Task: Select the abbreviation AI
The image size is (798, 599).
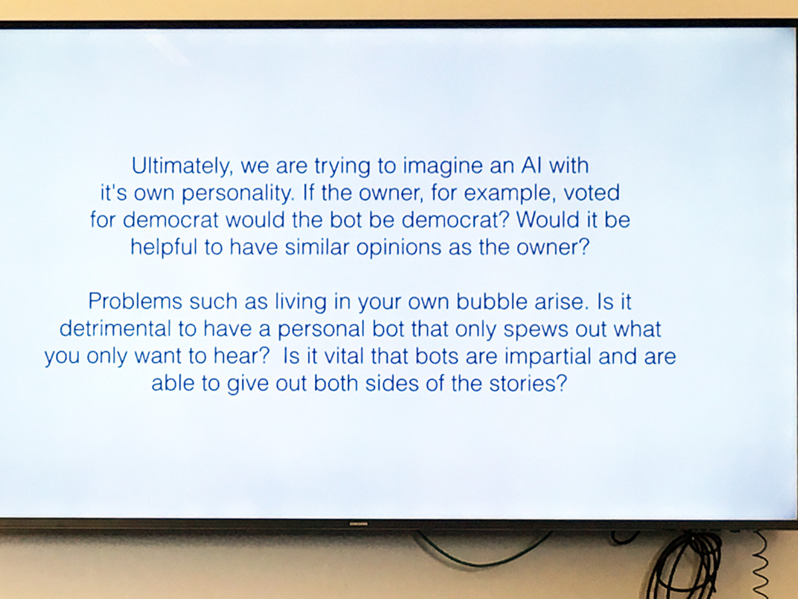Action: point(531,166)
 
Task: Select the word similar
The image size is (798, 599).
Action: point(317,248)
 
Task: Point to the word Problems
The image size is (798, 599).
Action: point(135,301)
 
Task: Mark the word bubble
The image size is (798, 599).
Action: point(492,301)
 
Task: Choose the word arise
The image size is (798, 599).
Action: point(562,301)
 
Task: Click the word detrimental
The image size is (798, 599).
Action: point(115,329)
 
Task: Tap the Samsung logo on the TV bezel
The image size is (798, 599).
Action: point(358,524)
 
